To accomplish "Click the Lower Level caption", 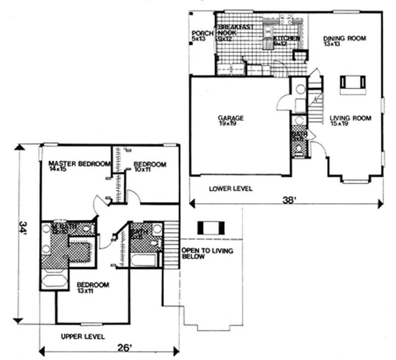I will tap(230, 189).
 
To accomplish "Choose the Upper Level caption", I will tap(82, 337).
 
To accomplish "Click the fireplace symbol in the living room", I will tap(352, 83).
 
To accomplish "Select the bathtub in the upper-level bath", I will tap(145, 259).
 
